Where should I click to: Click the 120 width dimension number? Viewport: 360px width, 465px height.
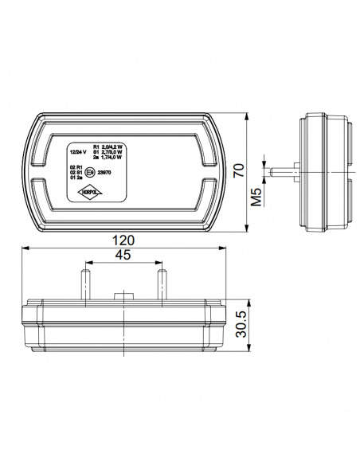123,239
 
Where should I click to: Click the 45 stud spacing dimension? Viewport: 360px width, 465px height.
123,256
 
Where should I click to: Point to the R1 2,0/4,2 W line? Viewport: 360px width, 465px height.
109,147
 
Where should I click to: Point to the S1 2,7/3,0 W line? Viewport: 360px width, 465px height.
109,152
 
